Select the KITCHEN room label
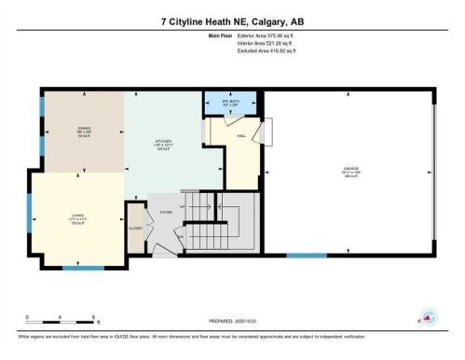pyautogui.click(x=164, y=144)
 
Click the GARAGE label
pyautogui.click(x=349, y=171)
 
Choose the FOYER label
pyautogui.click(x=166, y=212)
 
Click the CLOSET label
pyautogui.click(x=136, y=228)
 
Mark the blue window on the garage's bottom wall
pyautogui.click(x=302, y=255)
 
